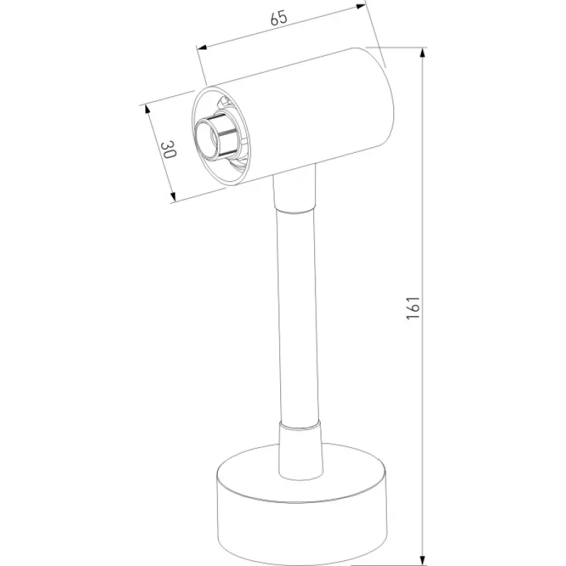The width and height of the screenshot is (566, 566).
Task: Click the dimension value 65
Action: [x=279, y=18]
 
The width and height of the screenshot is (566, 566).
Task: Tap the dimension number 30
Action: [x=168, y=150]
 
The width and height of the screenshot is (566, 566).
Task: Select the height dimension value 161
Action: [x=413, y=308]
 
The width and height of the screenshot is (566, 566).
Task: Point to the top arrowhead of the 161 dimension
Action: [x=423, y=53]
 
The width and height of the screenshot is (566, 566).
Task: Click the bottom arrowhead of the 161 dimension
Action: [x=423, y=560]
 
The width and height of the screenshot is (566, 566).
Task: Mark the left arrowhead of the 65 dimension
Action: [x=202, y=47]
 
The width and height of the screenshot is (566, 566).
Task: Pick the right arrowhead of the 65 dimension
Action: [x=360, y=6]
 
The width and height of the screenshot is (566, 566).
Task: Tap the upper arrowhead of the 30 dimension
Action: [x=147, y=109]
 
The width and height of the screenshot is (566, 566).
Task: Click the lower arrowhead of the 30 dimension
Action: [x=173, y=197]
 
